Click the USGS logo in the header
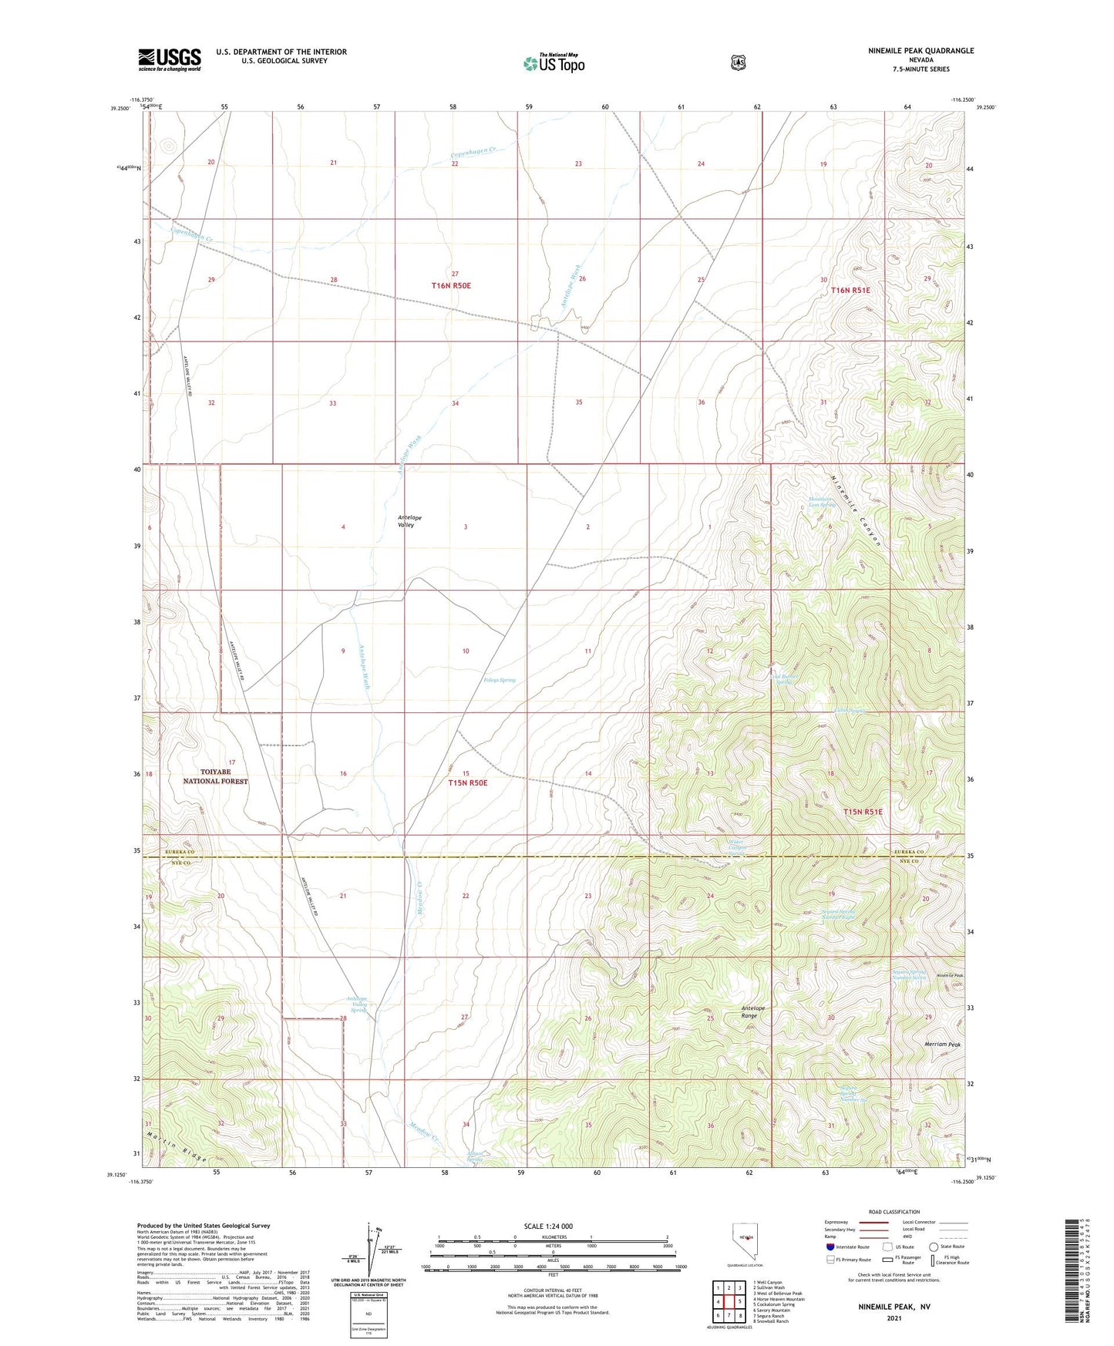pyautogui.click(x=169, y=59)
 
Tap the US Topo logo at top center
pyautogui.click(x=553, y=63)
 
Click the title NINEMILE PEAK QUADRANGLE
pyautogui.click(x=910, y=51)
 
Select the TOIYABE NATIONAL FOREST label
pyautogui.click(x=215, y=776)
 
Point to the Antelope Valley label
pyautogui.click(x=409, y=521)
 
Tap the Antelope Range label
pyautogui.click(x=753, y=1012)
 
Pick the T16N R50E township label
pyautogui.click(x=451, y=285)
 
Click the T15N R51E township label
pyautogui.click(x=862, y=812)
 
